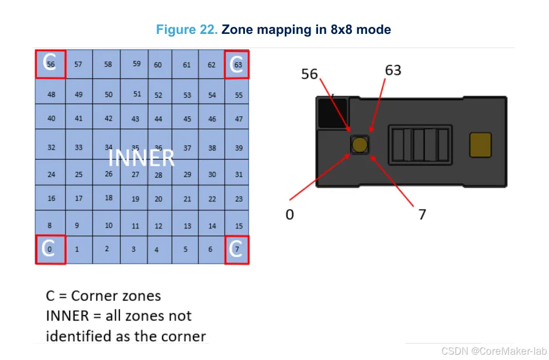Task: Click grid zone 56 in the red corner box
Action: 50,64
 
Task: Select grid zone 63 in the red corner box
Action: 237,64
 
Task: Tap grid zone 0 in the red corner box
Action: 50,250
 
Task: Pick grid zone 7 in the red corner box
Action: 237,250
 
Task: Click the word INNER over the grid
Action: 141,158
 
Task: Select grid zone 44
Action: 158,119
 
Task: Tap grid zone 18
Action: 109,198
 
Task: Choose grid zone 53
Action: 187,95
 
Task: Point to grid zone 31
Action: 239,174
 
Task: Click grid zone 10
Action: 109,226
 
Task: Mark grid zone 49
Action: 79,95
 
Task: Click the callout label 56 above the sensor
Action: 309,74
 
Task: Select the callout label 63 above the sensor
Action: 393,70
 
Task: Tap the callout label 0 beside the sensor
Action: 289,214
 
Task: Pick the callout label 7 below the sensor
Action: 422,214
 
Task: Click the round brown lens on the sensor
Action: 360,144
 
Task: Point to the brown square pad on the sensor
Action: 481,144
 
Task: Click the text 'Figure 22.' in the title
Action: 187,30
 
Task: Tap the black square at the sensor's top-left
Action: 332,112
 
